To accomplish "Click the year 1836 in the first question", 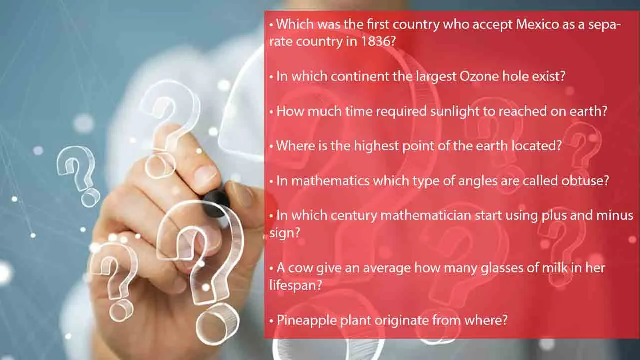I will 375,41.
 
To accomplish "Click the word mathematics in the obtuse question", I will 330,180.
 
